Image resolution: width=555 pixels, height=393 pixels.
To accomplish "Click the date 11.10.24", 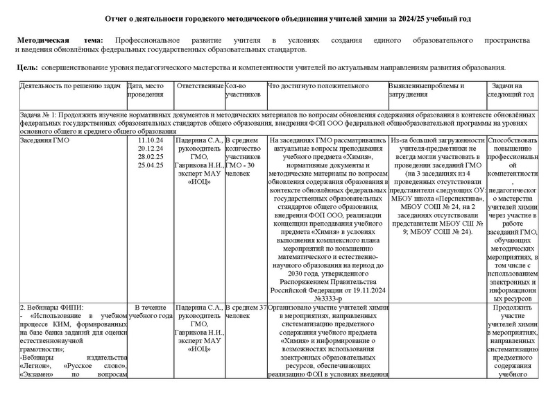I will point(151,140).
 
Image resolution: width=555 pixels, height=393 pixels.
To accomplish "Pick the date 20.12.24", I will point(151,149).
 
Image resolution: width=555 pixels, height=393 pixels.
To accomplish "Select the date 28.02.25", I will point(151,157).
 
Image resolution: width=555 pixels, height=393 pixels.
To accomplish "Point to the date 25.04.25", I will point(151,165).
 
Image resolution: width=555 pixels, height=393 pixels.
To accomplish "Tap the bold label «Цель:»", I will point(26,67).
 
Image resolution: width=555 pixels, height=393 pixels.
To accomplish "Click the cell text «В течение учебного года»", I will point(151,311).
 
